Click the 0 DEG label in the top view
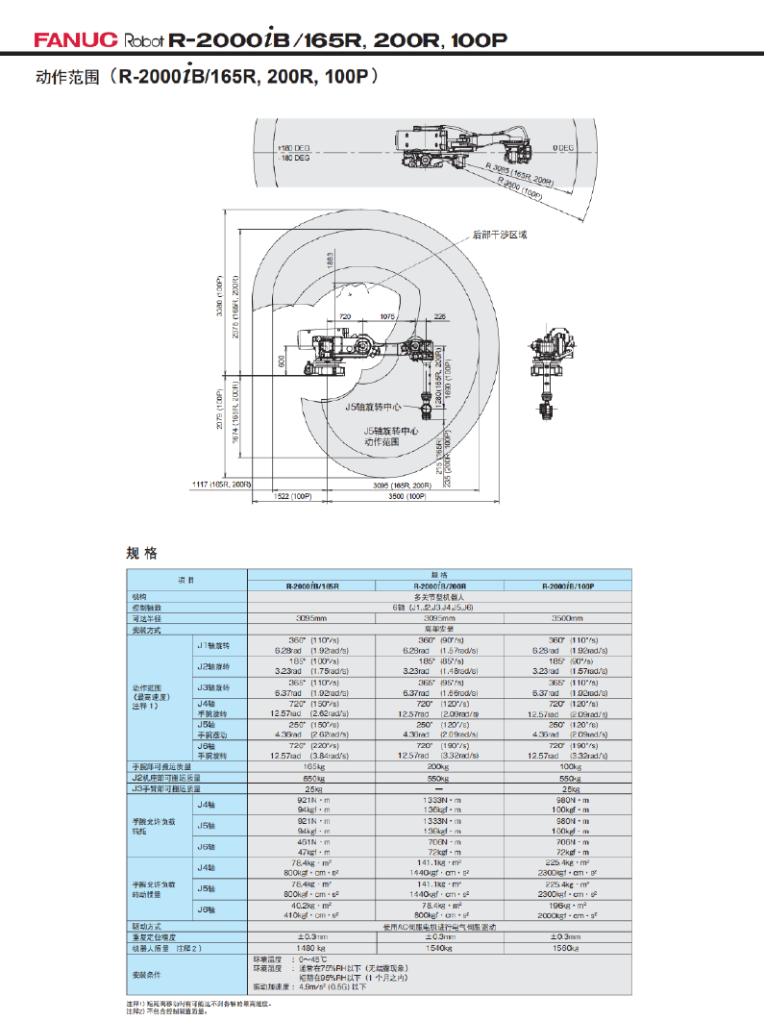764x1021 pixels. pos(563,147)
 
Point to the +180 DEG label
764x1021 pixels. pos(294,148)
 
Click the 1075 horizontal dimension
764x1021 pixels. pos(387,316)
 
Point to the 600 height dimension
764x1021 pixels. pos(282,362)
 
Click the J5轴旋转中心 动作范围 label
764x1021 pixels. pos(391,437)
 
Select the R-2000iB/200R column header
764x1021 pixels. pos(439,585)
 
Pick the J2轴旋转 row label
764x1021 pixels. pos(213,665)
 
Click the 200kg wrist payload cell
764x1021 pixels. pos(439,766)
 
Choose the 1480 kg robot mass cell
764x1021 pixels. pos(312,948)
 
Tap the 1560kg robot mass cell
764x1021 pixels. pos(567,948)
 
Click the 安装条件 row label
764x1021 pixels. pos(144,973)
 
